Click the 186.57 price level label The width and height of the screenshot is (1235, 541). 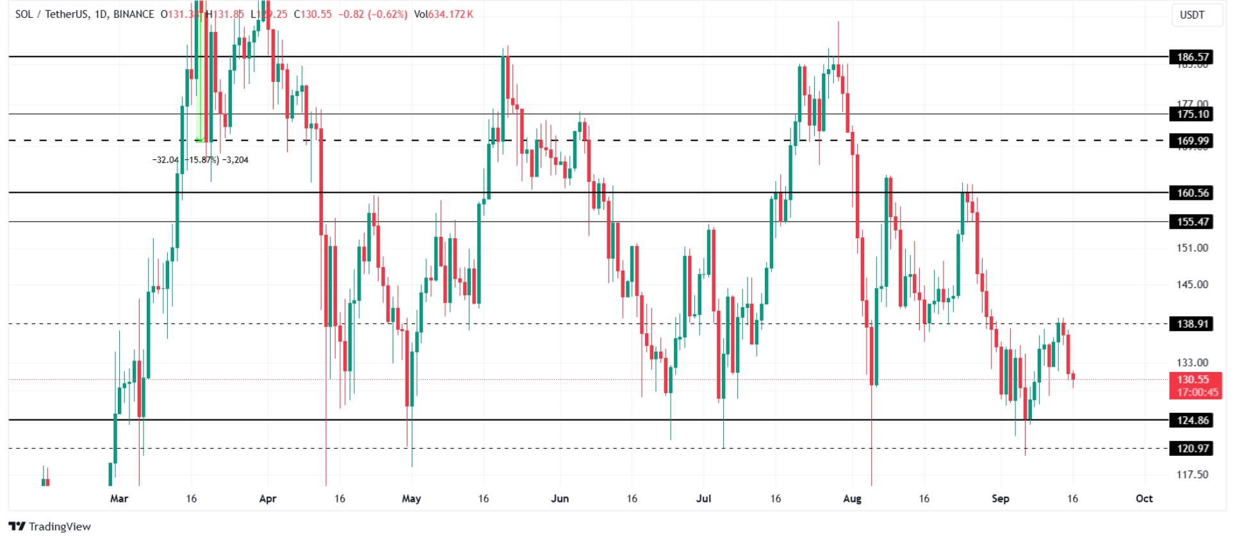pyautogui.click(x=1192, y=57)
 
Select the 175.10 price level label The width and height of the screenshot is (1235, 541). pyautogui.click(x=1192, y=114)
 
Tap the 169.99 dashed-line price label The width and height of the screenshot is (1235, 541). pyautogui.click(x=1192, y=141)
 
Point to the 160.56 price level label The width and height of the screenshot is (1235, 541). pyautogui.click(x=1192, y=193)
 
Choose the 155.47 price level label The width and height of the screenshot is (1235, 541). pyautogui.click(x=1192, y=222)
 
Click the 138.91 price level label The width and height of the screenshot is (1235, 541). pyautogui.click(x=1192, y=324)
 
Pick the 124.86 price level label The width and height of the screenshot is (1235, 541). pyautogui.click(x=1192, y=420)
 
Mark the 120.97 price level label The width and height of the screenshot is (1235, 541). pyautogui.click(x=1192, y=448)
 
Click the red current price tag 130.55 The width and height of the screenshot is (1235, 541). pyautogui.click(x=1195, y=380)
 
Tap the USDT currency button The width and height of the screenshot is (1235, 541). pyautogui.click(x=1192, y=15)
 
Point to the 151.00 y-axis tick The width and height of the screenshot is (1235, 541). pyautogui.click(x=1192, y=248)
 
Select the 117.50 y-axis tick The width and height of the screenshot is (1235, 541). pyautogui.click(x=1192, y=474)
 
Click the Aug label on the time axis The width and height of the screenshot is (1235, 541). pyautogui.click(x=852, y=498)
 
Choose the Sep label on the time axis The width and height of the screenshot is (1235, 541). pyautogui.click(x=1000, y=498)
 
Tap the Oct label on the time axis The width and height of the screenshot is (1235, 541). pyautogui.click(x=1143, y=498)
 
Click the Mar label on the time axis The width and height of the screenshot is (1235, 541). pyautogui.click(x=119, y=498)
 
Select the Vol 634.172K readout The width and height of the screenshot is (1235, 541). pyautogui.click(x=443, y=14)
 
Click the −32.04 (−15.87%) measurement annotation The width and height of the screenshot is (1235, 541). pyautogui.click(x=200, y=160)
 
